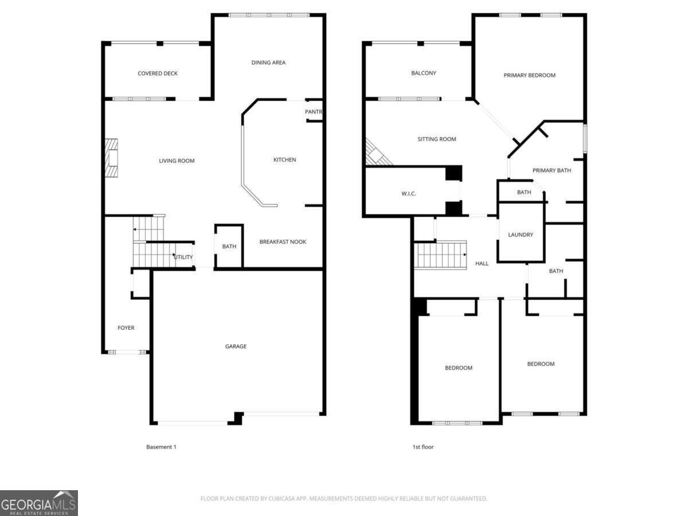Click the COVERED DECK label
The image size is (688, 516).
point(158,73)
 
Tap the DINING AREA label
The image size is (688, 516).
point(268,62)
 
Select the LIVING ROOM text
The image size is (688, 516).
point(177,161)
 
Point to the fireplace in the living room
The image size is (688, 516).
point(111,157)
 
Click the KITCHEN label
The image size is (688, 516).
point(284,160)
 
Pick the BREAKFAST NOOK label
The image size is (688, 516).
point(283,242)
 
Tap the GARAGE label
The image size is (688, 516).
point(236,346)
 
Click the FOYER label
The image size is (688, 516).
point(126,328)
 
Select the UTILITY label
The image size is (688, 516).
point(183,257)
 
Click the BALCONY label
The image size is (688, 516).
point(424,73)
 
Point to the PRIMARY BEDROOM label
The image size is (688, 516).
point(529,75)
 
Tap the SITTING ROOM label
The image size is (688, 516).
point(437,139)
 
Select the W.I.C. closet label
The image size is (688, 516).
point(408,194)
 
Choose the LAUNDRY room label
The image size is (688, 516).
point(521,235)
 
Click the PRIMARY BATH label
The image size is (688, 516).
point(552,170)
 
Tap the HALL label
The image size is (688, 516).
point(482,264)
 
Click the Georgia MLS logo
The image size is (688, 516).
point(39,503)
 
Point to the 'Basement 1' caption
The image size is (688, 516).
point(161,447)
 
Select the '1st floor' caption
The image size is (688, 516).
point(423,447)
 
